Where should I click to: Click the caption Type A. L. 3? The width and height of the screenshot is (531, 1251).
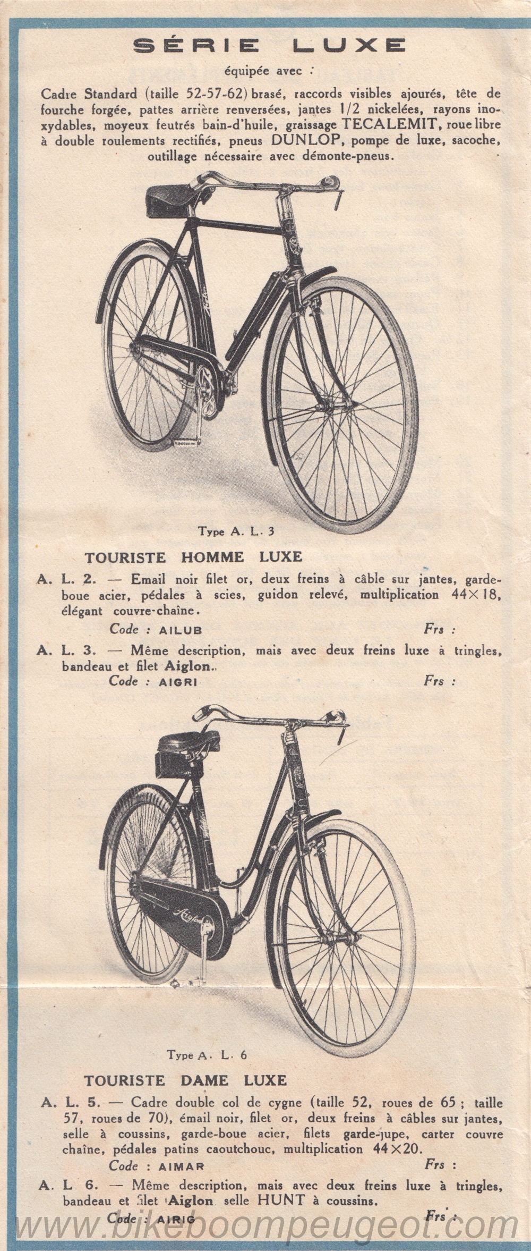236,530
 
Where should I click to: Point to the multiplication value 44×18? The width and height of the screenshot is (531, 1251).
475,594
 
